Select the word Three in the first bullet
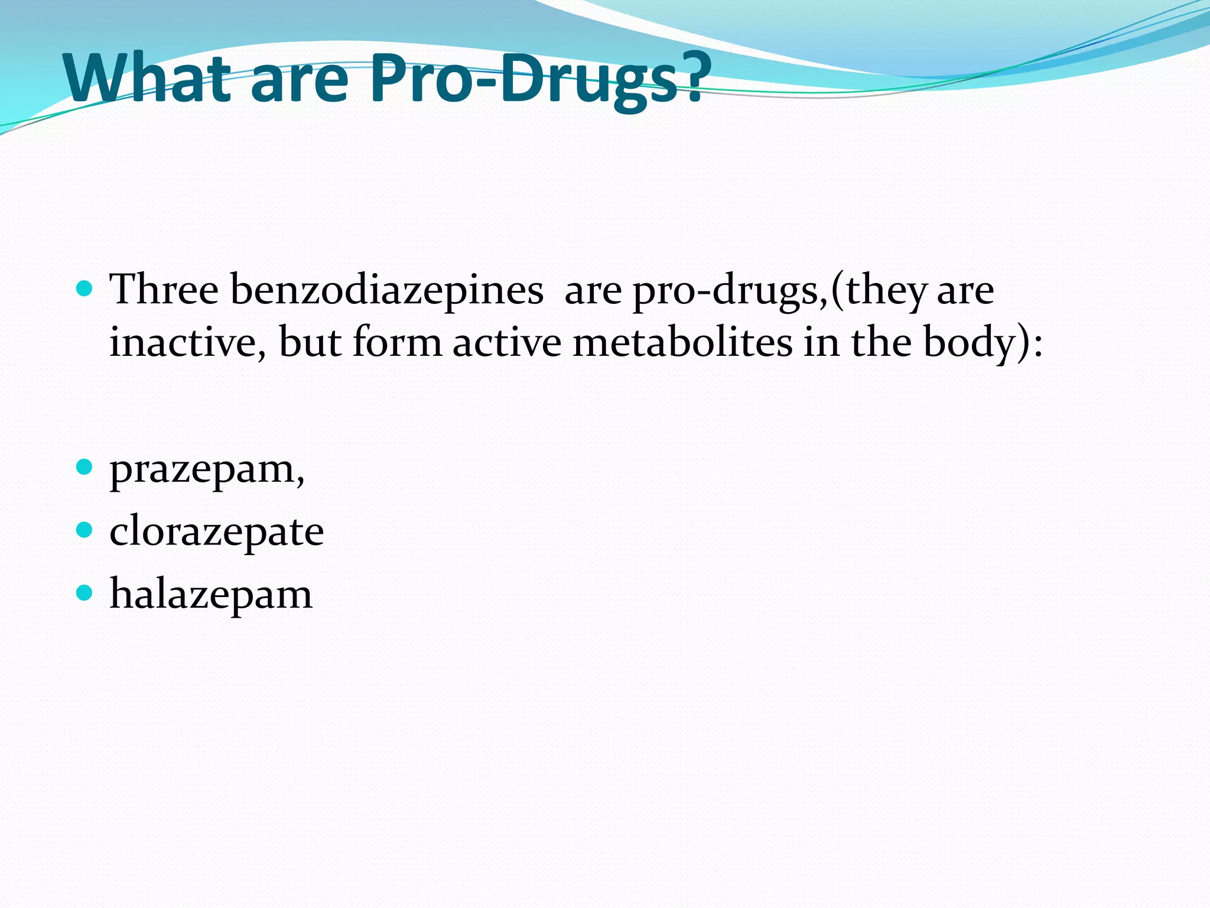pyautogui.click(x=164, y=290)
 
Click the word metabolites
pyautogui.click(x=682, y=342)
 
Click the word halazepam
pyautogui.click(x=211, y=595)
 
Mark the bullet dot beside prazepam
pyautogui.click(x=85, y=468)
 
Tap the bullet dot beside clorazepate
pyautogui.click(x=85, y=529)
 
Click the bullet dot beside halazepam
pyautogui.click(x=85, y=592)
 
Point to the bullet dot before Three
pyautogui.click(x=85, y=288)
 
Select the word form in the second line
pyautogui.click(x=397, y=342)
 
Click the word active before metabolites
pyautogui.click(x=507, y=342)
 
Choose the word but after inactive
pyautogui.click(x=310, y=342)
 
